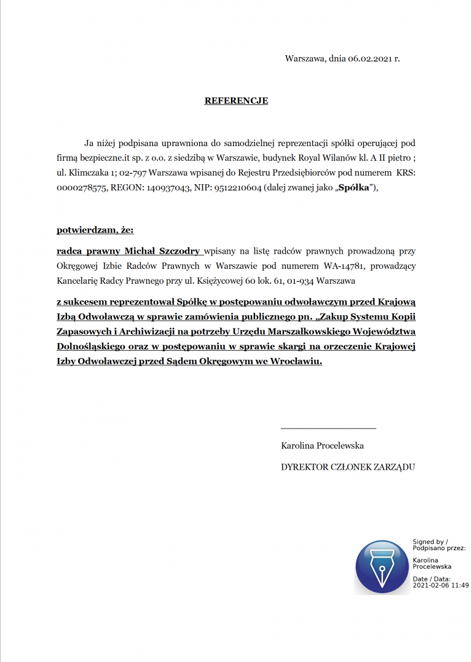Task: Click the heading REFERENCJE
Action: (x=236, y=101)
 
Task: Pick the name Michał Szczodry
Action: (x=162, y=251)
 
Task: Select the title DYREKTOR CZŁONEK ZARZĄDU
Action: (x=348, y=467)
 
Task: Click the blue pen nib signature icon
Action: (x=382, y=567)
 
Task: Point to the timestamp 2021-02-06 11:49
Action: (x=441, y=585)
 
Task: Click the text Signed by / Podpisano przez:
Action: (x=438, y=545)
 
